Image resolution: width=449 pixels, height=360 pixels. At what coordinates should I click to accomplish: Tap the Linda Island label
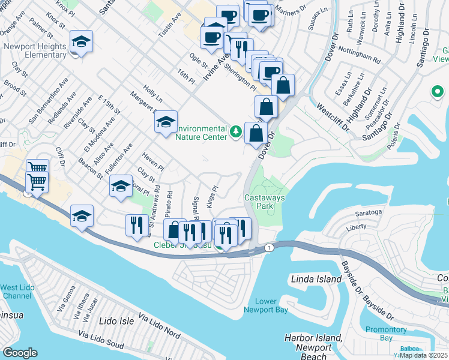click(x=315, y=279)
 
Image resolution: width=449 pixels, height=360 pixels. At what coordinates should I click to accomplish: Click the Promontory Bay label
click(x=386, y=334)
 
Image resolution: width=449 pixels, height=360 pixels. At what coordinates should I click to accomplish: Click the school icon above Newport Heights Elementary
click(x=81, y=42)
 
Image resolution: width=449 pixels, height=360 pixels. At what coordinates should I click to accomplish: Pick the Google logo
click(x=20, y=353)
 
